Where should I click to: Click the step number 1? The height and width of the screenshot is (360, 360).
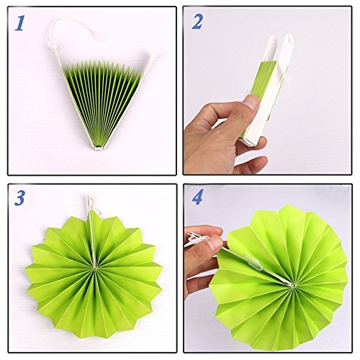pyautogui.click(x=19, y=23)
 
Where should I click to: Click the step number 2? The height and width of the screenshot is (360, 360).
pyautogui.click(x=197, y=22)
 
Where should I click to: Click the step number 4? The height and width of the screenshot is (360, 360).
pyautogui.click(x=198, y=197)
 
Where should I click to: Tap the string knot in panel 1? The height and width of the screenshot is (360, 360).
pyautogui.click(x=53, y=45)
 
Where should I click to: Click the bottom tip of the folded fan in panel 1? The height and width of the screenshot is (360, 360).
pyautogui.click(x=97, y=148)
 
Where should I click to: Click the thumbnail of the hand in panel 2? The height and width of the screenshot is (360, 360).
pyautogui.click(x=250, y=103)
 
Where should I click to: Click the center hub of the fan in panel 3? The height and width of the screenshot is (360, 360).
pyautogui.click(x=94, y=266)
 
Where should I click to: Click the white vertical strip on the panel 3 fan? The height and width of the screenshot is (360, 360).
pyautogui.click(x=92, y=238)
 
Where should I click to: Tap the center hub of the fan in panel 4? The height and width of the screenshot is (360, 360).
pyautogui.click(x=293, y=285)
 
